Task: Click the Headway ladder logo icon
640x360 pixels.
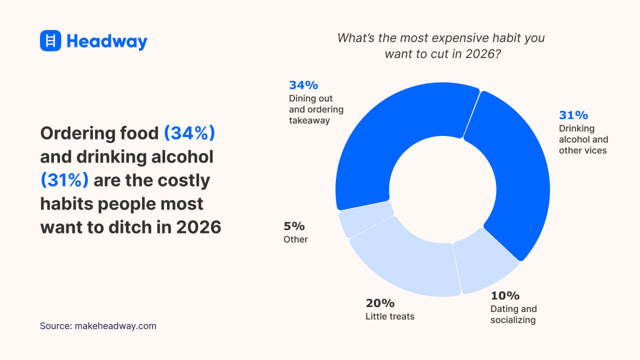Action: click(50, 40)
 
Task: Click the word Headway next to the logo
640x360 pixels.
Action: click(106, 41)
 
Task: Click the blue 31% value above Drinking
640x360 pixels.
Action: click(573, 115)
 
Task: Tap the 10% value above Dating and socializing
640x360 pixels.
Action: click(504, 295)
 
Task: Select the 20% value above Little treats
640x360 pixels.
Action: click(380, 303)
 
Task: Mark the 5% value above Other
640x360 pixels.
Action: click(294, 226)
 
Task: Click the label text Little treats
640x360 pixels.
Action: click(389, 316)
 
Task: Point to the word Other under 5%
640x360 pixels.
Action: click(295, 239)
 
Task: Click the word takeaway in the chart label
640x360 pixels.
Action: click(309, 120)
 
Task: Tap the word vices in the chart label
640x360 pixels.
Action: click(595, 150)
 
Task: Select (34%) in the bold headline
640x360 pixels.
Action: click(189, 133)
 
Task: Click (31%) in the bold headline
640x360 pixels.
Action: click(64, 180)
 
